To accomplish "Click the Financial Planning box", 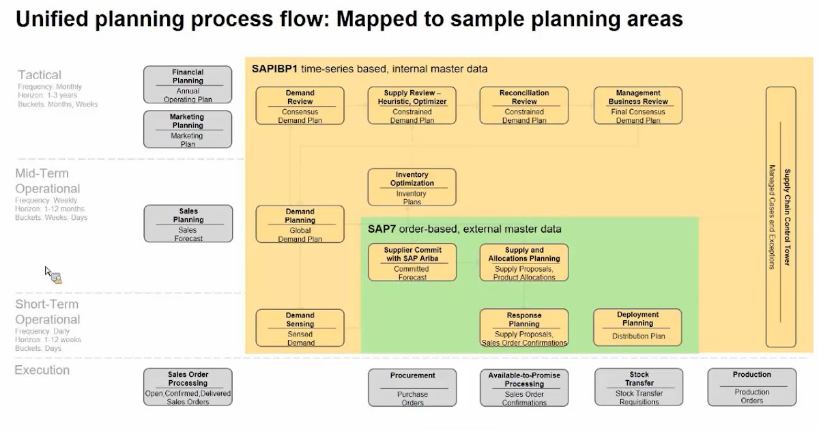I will click(188, 85).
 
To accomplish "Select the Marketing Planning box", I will click(188, 130).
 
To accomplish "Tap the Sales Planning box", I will click(188, 225).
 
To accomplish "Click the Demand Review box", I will click(300, 106).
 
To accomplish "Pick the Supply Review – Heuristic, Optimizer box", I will click(412, 106).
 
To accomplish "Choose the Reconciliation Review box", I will click(523, 106).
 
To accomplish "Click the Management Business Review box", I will click(637, 106).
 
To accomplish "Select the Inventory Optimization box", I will click(412, 188).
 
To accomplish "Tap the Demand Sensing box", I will click(300, 328).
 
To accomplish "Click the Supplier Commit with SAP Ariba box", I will click(412, 263).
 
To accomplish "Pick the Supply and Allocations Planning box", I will click(523, 263).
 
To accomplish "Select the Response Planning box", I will click(523, 328).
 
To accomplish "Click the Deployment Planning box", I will click(637, 326).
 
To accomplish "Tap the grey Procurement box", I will click(412, 388).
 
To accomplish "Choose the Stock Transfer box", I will click(639, 387).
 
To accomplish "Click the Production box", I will click(751, 387).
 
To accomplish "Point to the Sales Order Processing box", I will click(188, 388).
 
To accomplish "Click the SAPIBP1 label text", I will click(274, 69).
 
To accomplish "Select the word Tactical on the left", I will click(40, 75).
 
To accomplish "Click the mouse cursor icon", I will click(53, 274).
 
